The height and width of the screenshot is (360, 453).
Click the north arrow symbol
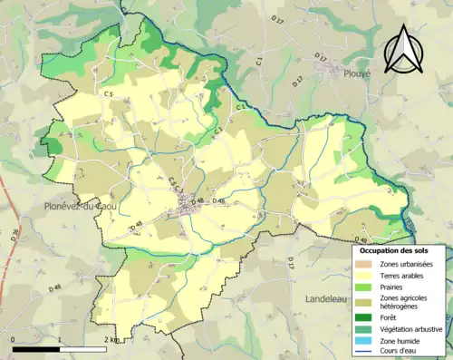401,50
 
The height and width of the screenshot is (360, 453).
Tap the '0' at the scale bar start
14,340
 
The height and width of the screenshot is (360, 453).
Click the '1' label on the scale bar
59,340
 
